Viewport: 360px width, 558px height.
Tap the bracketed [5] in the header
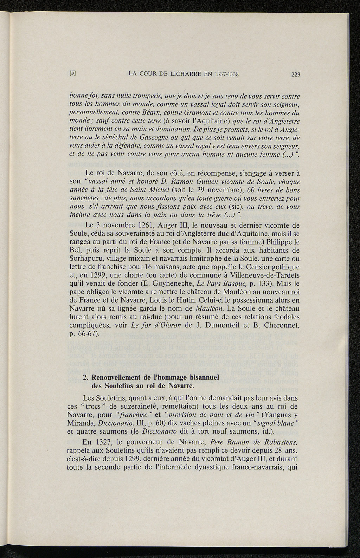click(x=73, y=73)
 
